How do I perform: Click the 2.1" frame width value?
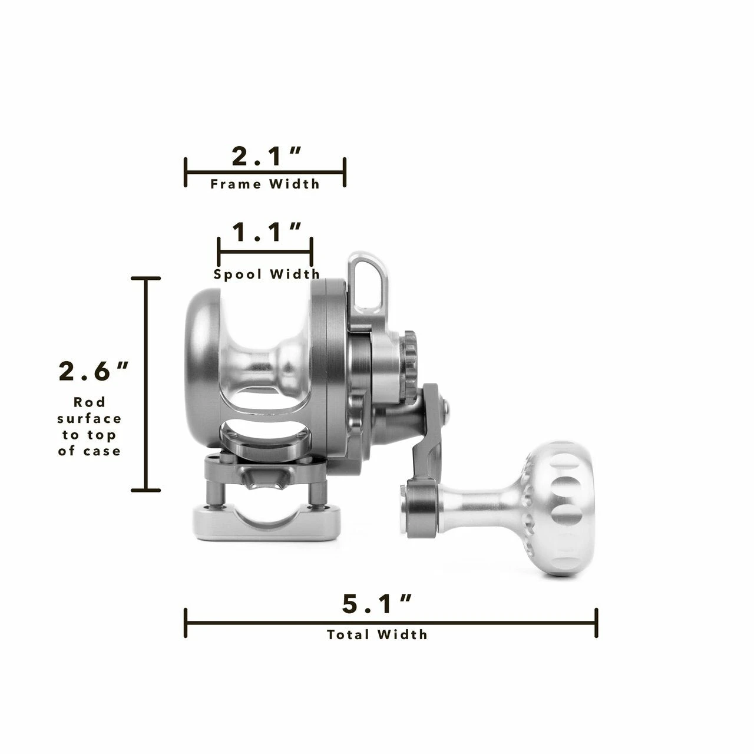point(266,157)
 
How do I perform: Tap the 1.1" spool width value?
point(266,233)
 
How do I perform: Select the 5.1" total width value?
point(376,604)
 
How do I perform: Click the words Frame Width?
point(265,184)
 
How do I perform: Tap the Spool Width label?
point(267,274)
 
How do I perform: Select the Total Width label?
point(377,634)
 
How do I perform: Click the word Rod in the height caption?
point(90,402)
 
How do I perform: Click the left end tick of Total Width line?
point(186,623)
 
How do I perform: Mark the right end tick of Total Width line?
point(597,623)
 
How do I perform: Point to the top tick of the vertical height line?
point(145,278)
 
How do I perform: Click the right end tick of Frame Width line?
point(345,173)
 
